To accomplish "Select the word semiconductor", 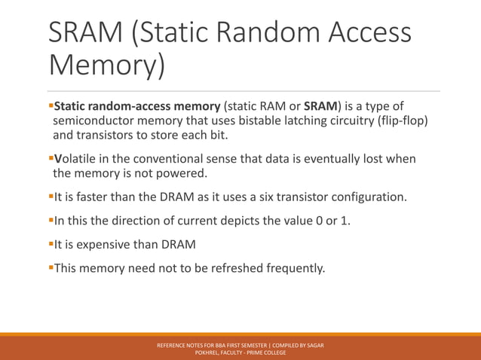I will [x=96, y=121].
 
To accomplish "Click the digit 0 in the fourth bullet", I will [x=312, y=222].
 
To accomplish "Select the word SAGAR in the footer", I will [x=314, y=345].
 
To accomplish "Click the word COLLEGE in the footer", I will [x=272, y=352].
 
